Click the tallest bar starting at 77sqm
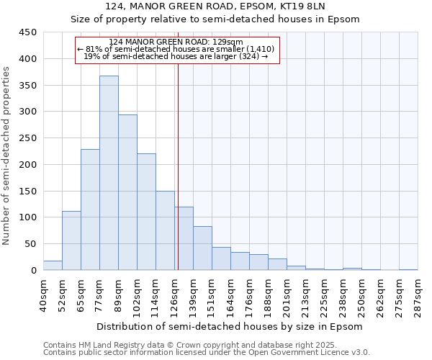(x=109, y=173)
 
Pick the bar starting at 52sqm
(x=71, y=240)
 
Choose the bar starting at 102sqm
(x=146, y=212)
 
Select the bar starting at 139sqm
(x=202, y=248)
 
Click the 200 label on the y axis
(x=28, y=165)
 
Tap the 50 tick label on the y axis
(x=31, y=244)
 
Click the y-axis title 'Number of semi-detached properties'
(x=7, y=156)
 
